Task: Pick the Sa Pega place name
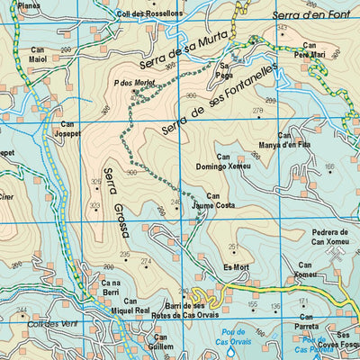click(226, 71)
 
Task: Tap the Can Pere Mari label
click(310, 50)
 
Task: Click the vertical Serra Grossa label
click(116, 202)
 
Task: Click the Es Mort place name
click(234, 267)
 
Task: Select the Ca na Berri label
click(111, 287)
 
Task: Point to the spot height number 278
click(257, 111)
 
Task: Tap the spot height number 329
click(95, 182)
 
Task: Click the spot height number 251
click(234, 247)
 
